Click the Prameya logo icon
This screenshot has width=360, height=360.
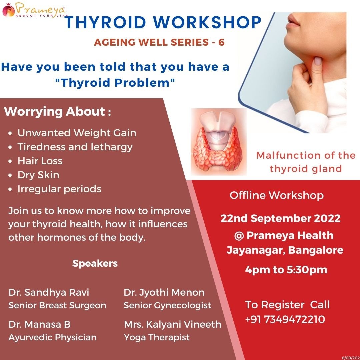(x=8, y=10)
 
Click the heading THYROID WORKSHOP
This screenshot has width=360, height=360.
(x=163, y=23)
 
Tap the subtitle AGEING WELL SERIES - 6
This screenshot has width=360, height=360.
(x=159, y=42)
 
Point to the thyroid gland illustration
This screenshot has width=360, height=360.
(x=219, y=142)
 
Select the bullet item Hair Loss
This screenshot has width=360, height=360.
(x=40, y=161)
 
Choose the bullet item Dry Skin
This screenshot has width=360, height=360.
(x=38, y=175)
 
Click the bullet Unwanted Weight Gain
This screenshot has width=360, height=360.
(x=77, y=133)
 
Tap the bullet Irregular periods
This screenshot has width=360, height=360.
(x=59, y=189)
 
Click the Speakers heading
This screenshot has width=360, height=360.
(x=95, y=264)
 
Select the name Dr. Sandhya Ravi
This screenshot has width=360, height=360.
(x=49, y=293)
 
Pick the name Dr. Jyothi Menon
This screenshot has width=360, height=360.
(x=164, y=293)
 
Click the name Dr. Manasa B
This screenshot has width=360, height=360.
(x=39, y=324)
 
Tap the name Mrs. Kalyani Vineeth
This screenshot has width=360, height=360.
(x=173, y=324)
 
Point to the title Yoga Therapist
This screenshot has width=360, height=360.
(x=157, y=337)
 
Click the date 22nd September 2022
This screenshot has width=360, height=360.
(x=281, y=218)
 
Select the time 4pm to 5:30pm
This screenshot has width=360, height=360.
(x=286, y=270)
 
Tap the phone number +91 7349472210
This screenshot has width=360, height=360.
(x=285, y=319)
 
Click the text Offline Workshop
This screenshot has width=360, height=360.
(x=277, y=195)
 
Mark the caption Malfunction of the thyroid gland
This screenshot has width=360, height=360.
(x=306, y=162)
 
